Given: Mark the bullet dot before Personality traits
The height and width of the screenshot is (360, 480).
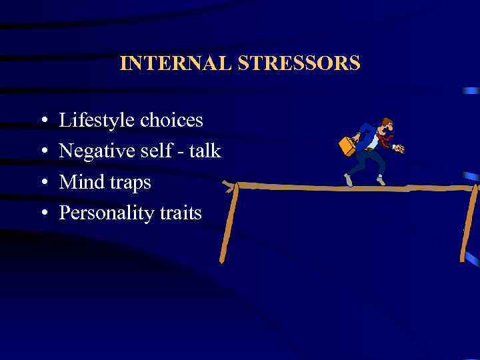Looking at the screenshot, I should [x=43, y=214].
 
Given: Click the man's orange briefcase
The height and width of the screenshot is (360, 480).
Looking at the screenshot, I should [x=347, y=145].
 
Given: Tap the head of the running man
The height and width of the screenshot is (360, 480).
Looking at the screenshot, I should [x=386, y=125].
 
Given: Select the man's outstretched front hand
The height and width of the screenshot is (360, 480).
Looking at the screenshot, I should [x=399, y=149].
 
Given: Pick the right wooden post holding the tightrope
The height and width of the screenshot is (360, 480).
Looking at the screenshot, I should [x=469, y=223].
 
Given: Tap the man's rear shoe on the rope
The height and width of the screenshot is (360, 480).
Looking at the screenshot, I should [x=348, y=180].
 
